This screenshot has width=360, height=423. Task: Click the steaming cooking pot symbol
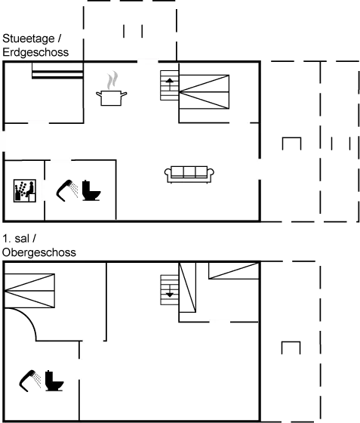pos(111,88)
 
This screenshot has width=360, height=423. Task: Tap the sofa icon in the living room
pos(189,174)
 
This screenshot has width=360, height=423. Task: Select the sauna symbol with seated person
pos(25,190)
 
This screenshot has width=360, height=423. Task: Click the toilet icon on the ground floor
pos(91,190)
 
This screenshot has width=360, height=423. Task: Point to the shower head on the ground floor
pos(67,190)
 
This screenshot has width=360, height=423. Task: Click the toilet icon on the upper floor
pos(54,381)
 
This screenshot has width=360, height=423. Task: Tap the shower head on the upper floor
pos(30,381)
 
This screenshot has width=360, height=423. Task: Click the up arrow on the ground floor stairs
pos(170,84)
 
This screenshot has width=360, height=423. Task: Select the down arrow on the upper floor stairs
pos(170,292)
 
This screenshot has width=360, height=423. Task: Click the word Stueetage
pos(29,39)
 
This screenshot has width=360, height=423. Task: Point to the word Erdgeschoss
pos(35,52)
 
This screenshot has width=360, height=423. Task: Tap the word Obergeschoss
pos(39,252)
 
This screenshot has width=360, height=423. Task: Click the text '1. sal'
pos(16,239)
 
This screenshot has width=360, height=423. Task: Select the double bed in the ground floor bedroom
pos(205,92)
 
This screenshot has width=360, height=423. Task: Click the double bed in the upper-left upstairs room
pos(29,291)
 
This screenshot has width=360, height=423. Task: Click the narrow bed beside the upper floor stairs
pos(187,288)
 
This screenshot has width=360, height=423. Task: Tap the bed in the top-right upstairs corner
pos(234,271)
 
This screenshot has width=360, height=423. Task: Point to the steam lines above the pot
pos(112,80)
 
